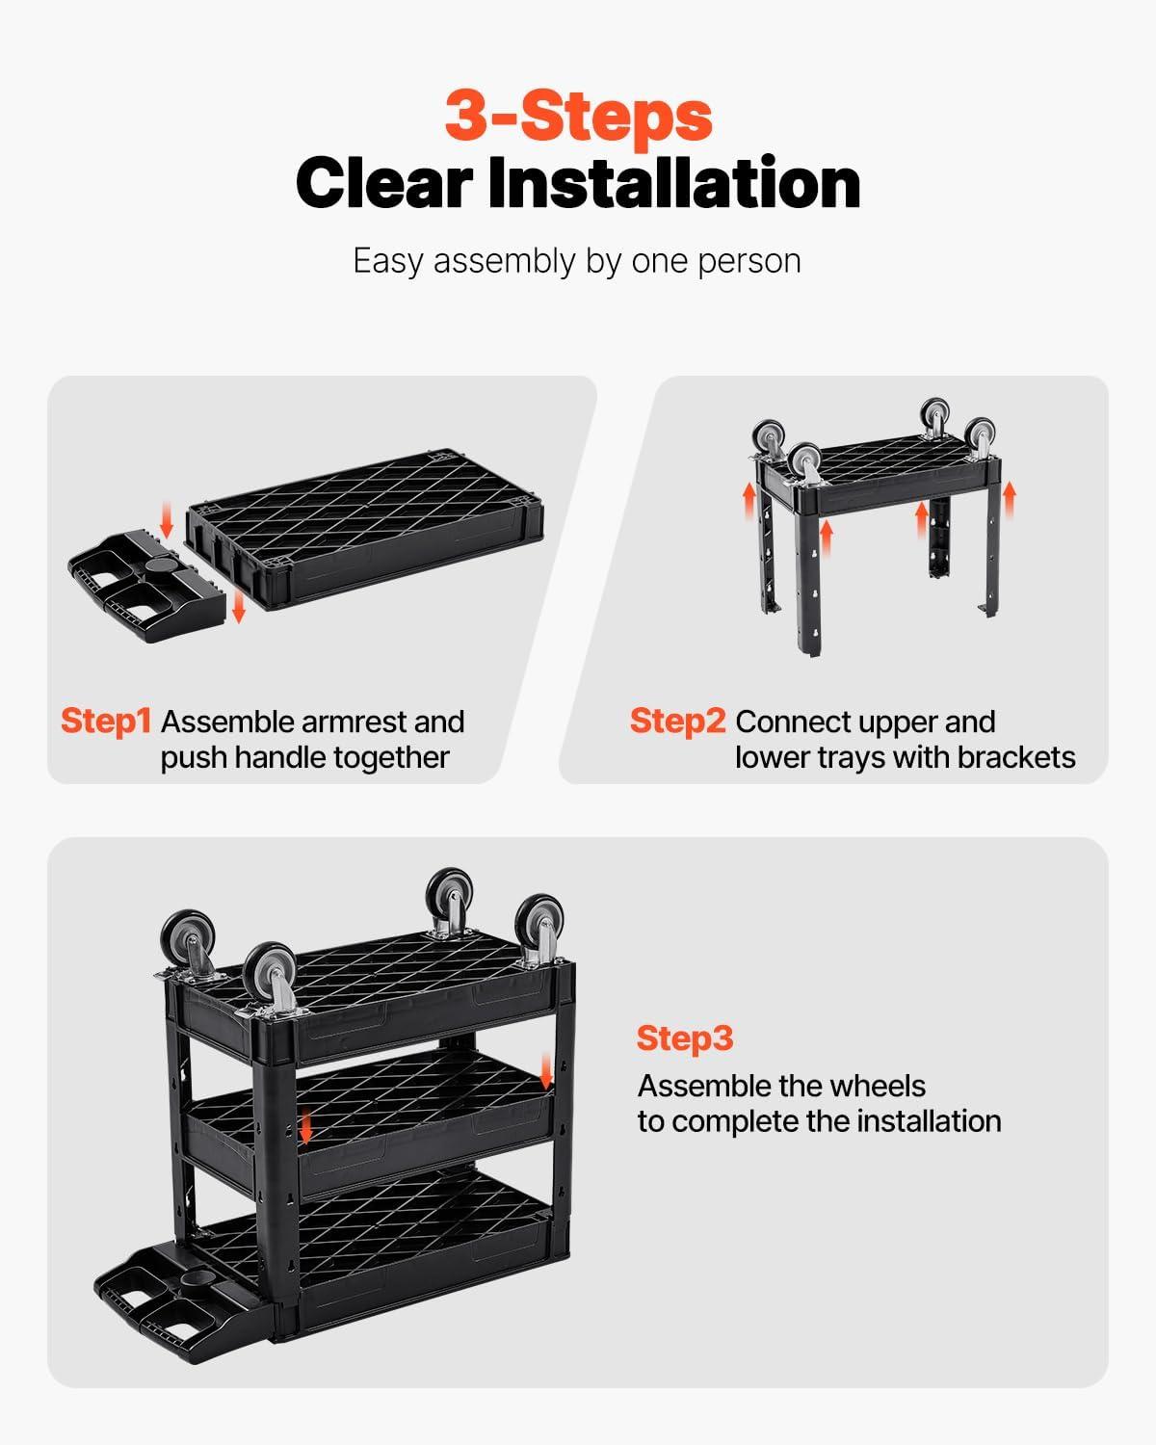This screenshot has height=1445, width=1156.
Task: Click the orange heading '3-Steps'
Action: point(578,117)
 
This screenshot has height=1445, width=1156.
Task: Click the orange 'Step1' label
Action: point(106,722)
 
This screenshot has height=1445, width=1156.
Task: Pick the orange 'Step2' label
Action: point(678,722)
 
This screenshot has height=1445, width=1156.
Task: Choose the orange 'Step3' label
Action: point(685,1038)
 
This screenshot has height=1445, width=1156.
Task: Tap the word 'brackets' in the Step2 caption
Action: point(1015,757)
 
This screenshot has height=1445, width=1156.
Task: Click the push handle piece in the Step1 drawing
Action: point(147,587)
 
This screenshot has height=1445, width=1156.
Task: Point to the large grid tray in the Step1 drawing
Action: point(365,529)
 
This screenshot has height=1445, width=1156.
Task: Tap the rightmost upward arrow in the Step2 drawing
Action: point(1009,499)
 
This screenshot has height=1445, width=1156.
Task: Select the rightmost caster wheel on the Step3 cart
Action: point(539,923)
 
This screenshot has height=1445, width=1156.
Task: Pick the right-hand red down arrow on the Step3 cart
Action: point(546,1070)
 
